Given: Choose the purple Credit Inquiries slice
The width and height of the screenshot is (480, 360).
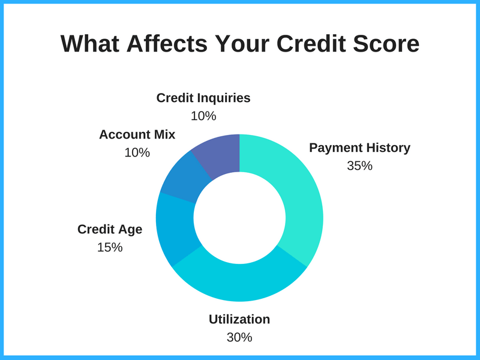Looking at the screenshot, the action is click(x=219, y=154).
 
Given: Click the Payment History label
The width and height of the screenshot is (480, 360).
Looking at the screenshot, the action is click(x=359, y=148).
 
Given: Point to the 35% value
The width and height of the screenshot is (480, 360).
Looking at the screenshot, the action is click(x=359, y=166).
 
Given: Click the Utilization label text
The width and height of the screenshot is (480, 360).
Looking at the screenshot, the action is click(x=239, y=319).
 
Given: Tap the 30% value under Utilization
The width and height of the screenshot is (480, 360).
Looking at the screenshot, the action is click(x=239, y=337).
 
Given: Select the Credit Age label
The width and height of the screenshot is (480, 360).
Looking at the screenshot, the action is click(x=110, y=230).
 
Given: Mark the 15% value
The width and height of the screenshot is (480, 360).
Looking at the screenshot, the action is click(x=110, y=247).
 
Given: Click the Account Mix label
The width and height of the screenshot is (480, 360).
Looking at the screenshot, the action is click(x=137, y=134).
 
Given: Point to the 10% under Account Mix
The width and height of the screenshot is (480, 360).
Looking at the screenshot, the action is click(x=137, y=152).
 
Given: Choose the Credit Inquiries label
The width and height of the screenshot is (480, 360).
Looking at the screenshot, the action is click(x=203, y=98).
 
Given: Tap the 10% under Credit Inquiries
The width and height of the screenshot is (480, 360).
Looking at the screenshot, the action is click(x=203, y=116).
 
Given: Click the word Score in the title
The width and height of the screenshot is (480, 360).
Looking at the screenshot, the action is click(x=386, y=43).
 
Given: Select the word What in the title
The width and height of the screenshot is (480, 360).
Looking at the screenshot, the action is click(x=89, y=43).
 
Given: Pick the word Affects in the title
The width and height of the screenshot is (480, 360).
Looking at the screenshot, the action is click(x=167, y=43).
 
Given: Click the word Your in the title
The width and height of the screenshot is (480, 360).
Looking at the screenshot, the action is click(x=242, y=43).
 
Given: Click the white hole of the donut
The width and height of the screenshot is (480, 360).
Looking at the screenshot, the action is click(x=239, y=218).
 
